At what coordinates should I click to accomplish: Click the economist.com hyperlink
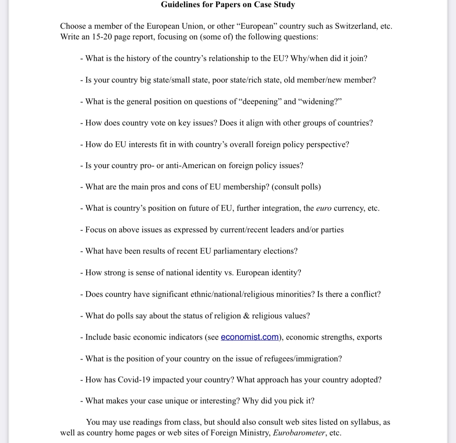(249, 337)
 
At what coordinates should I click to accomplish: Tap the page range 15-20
(101, 37)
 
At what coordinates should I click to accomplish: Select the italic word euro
(324, 208)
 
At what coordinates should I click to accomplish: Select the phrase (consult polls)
(296, 187)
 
